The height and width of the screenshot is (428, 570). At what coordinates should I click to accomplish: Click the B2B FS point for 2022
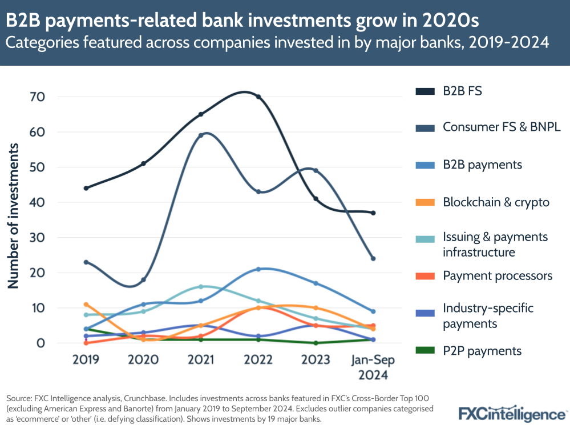coord(258,97)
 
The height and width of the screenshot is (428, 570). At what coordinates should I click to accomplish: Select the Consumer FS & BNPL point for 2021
coord(201,135)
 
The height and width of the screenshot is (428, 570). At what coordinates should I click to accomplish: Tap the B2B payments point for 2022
coord(258,269)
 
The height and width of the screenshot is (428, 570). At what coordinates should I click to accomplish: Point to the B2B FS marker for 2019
coord(86,188)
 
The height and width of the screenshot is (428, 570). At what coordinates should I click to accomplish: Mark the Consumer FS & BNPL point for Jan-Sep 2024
coord(373,258)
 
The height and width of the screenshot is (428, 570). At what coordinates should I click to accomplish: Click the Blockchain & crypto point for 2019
coord(86,305)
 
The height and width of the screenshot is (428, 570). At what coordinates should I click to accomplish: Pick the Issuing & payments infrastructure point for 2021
coord(201,287)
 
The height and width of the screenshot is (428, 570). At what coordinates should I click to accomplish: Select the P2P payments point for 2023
coord(316,343)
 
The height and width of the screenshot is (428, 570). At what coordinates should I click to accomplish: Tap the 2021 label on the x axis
coord(201,360)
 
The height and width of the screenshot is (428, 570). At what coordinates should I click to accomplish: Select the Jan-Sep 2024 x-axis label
coord(373,367)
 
